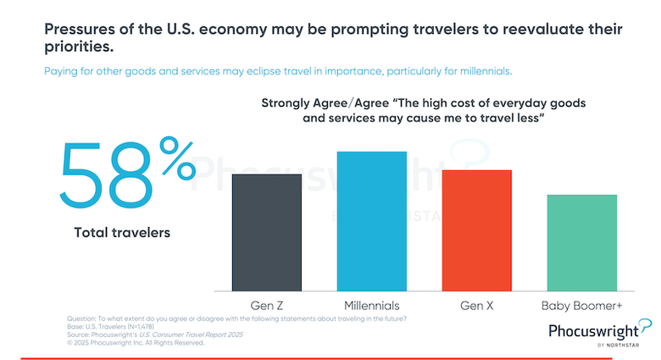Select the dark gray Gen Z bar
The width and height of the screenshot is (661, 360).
pyautogui.click(x=267, y=232)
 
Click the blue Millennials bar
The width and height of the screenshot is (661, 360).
pyautogui.click(x=372, y=221)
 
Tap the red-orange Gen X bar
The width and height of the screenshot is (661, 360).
pyautogui.click(x=477, y=230)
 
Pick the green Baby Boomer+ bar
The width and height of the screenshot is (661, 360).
pyautogui.click(x=582, y=242)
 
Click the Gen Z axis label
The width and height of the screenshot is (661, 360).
pyautogui.click(x=267, y=304)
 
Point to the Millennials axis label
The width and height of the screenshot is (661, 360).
pyautogui.click(x=372, y=304)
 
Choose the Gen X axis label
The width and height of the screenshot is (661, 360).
pyautogui.click(x=477, y=304)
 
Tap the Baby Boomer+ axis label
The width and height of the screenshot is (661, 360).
pyautogui.click(x=582, y=304)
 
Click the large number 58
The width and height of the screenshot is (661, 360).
pyautogui.click(x=99, y=175)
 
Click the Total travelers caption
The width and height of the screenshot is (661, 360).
pyautogui.click(x=122, y=231)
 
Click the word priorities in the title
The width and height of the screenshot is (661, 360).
pyautogui.click(x=79, y=47)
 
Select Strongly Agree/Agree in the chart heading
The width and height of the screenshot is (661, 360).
pyautogui.click(x=313, y=103)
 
